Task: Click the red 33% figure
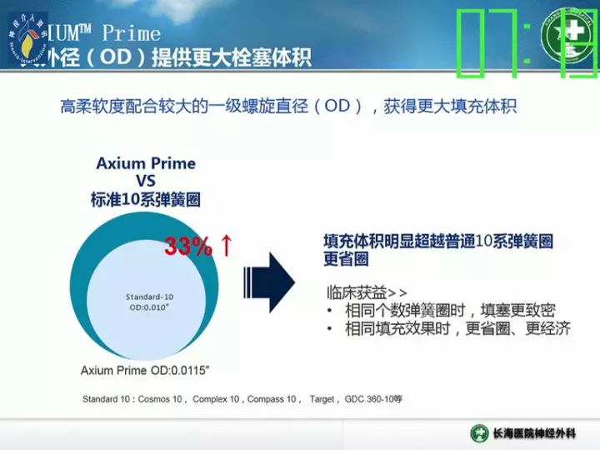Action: click(187, 247)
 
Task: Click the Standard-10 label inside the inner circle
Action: click(150, 297)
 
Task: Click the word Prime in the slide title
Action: click(131, 33)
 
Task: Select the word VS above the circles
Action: click(145, 181)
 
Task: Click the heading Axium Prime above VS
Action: click(146, 163)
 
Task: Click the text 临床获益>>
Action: click(366, 292)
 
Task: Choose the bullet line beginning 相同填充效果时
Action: click(457, 328)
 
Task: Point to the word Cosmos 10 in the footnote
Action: click(160, 400)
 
